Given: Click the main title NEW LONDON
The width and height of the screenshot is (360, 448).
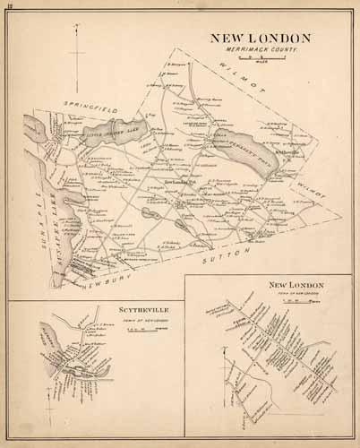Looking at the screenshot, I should click(x=260, y=38).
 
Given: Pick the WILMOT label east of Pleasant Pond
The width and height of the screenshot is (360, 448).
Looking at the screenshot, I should click(x=309, y=191).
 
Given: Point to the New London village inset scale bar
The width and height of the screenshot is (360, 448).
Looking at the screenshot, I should click(x=300, y=301).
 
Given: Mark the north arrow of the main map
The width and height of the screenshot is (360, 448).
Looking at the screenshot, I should click(x=79, y=45).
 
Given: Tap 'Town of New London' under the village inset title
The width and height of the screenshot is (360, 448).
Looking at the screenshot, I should click(x=300, y=294).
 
